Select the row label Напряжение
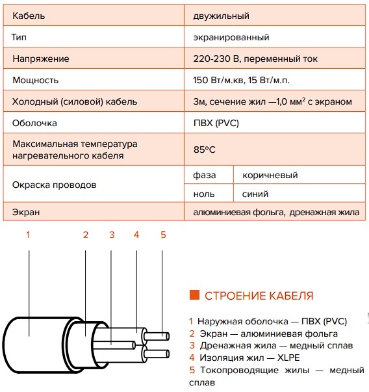point(41,59)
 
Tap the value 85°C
point(204,150)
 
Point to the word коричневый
point(270,175)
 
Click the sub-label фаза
point(205,175)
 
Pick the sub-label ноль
point(204,194)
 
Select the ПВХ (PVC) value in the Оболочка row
point(216,123)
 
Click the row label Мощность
point(36,80)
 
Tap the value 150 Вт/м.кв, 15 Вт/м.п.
point(241,80)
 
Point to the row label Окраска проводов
point(54,185)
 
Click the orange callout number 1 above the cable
point(28,235)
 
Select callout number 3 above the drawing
point(112,235)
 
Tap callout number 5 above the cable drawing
point(163,235)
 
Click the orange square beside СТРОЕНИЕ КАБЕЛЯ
point(195,294)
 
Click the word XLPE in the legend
point(288,358)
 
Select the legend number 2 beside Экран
point(192,333)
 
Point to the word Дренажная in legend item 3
point(225,345)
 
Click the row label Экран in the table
point(26,212)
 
